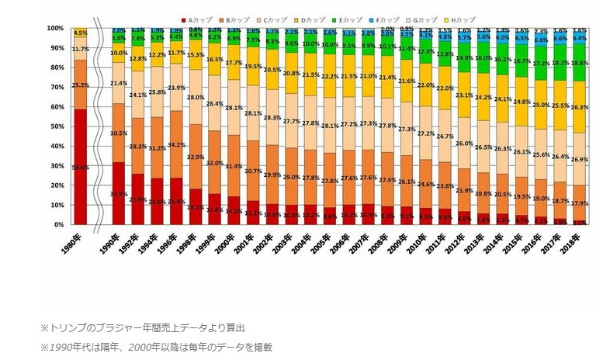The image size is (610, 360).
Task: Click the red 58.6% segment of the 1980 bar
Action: (x=80, y=166)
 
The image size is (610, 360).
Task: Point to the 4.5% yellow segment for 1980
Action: (x=80, y=33)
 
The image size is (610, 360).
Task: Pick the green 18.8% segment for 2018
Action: (x=580, y=63)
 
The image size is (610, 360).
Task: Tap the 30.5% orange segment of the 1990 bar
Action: (x=119, y=133)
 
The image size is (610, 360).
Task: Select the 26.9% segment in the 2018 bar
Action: (x=580, y=159)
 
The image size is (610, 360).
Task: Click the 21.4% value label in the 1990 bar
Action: (x=119, y=83)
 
